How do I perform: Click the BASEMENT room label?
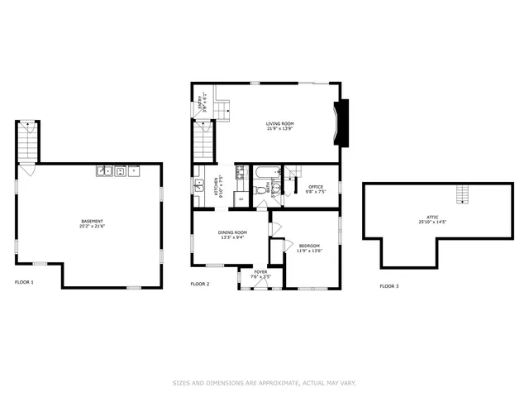[x=92, y=223]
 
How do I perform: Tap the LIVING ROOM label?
[x=280, y=126]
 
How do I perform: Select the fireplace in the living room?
[x=341, y=123]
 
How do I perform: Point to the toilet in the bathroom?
[x=261, y=191]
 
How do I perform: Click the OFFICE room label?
[x=315, y=189]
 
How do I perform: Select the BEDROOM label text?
[x=309, y=247]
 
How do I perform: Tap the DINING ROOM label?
[x=232, y=235]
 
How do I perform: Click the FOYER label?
[x=260, y=274]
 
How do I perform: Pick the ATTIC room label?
[x=432, y=219]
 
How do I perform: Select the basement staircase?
[x=28, y=142]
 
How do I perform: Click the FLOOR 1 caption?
[x=24, y=283]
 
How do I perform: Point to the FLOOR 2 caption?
[x=200, y=285]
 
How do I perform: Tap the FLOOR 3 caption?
[x=388, y=286]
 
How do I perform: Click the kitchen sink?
[x=198, y=185]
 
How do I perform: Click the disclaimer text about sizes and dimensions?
[x=264, y=383]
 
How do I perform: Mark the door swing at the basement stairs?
[x=27, y=170]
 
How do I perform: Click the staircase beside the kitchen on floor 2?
[x=204, y=141]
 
